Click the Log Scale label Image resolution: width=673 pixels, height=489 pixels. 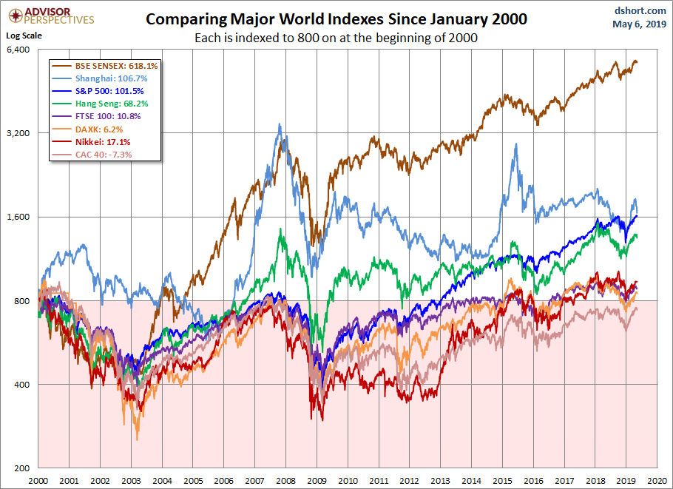point(24,35)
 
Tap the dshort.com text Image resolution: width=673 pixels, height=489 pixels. point(635,11)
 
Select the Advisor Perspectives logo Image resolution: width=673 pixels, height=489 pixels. point(49,16)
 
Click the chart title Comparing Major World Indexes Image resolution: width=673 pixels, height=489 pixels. point(336,19)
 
